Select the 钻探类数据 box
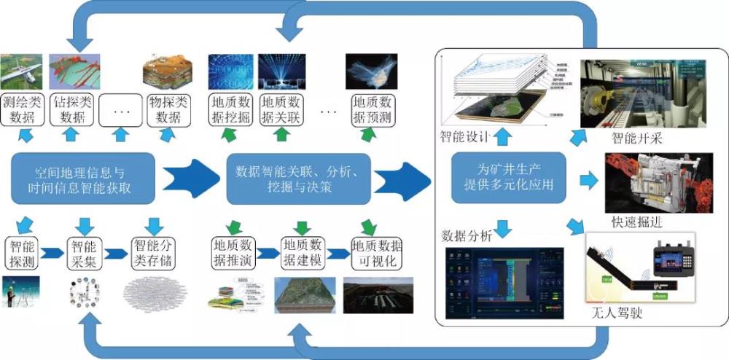coord(72,109)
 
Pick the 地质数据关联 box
coord(281,109)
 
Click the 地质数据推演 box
coord(233,252)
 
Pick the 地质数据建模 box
coord(303,252)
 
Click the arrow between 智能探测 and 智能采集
coord(52,253)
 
